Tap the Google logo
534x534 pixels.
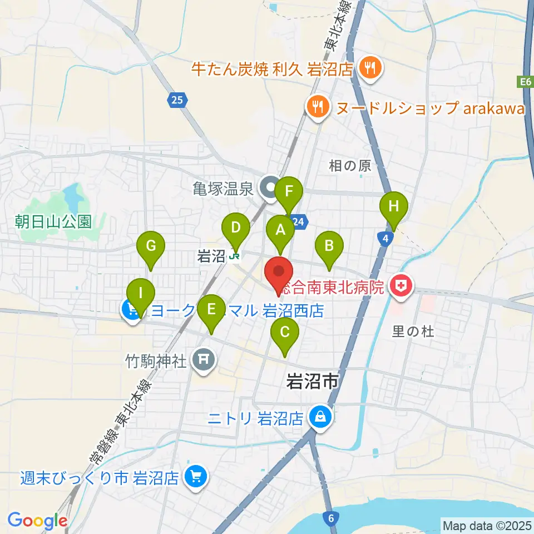(x=37, y=520)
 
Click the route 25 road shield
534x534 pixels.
(x=176, y=100)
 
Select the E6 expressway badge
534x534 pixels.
(x=525, y=82)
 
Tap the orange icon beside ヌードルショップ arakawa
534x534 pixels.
(x=318, y=107)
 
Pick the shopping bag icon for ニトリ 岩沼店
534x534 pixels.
(x=320, y=416)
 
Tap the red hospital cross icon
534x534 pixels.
(x=400, y=287)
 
